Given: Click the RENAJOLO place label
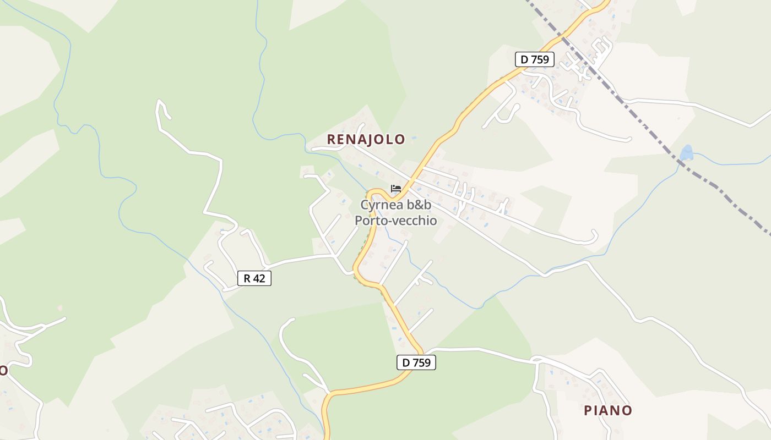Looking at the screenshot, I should [x=366, y=140].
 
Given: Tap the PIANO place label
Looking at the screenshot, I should [x=608, y=410].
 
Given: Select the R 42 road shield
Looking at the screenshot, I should [x=254, y=278].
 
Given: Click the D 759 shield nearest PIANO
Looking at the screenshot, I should [x=416, y=362].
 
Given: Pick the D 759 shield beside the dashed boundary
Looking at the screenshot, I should [x=534, y=59].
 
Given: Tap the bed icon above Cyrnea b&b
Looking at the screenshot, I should [x=395, y=189].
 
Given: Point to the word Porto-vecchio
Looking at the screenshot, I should [x=395, y=221].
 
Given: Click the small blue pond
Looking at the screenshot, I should [x=686, y=152].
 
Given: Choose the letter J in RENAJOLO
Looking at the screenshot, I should [x=366, y=140].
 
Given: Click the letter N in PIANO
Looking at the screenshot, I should [x=616, y=410].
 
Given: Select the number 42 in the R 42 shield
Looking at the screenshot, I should [x=259, y=278].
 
